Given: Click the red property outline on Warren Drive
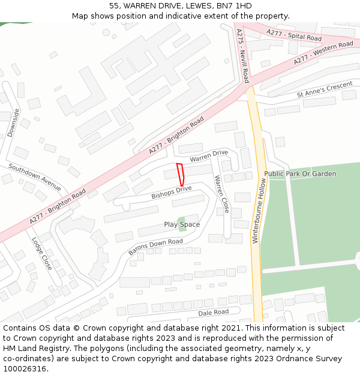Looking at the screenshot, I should tap(179, 174).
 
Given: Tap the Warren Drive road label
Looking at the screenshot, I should tap(209, 157).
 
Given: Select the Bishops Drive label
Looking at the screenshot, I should tap(171, 193).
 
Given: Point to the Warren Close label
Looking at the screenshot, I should tap(221, 194).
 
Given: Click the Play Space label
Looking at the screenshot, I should tap(182, 224).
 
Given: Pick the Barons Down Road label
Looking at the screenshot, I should tap(155, 247).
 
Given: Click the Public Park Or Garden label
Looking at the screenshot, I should tap(300, 174).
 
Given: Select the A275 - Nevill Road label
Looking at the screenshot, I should tap(242, 56).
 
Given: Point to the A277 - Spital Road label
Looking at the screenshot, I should tap(294, 35).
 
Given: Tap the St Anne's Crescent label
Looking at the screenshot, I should tap(325, 89).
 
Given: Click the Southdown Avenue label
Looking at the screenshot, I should tap(35, 178).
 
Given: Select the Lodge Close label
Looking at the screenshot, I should tap(41, 253).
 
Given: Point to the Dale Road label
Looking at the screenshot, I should tap(214, 313).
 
